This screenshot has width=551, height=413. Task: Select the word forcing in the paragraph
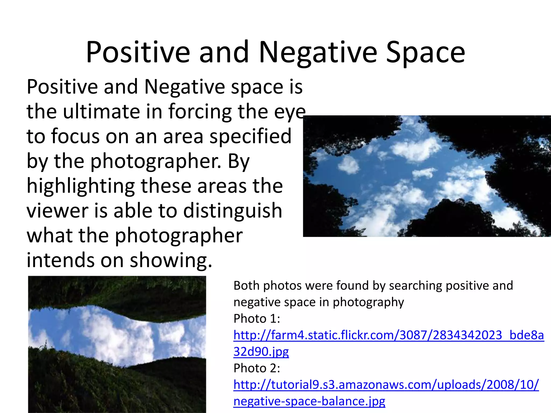pos(200,112)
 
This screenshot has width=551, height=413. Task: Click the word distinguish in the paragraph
pos(233,211)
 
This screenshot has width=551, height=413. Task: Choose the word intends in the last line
pos(61,260)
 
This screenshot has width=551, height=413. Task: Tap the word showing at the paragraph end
pos(171,260)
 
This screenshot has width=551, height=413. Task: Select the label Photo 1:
pos(257,319)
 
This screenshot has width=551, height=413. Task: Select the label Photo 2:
pos(257,368)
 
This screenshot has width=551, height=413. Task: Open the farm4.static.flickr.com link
pos(388,335)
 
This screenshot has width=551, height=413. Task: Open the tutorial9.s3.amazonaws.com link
pos(386,385)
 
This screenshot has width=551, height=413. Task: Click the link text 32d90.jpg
pos(261,352)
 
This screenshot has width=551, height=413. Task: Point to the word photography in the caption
pos(368,302)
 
